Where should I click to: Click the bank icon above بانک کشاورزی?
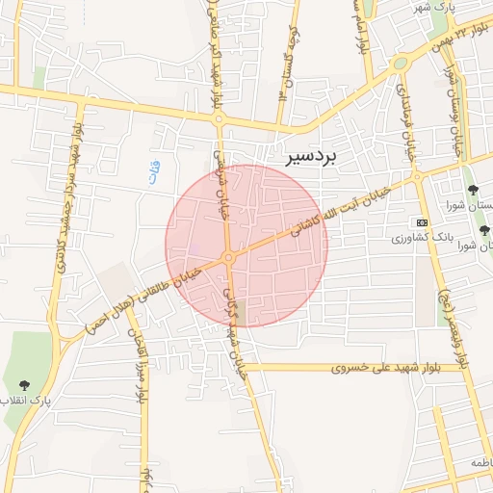[x=422, y=221]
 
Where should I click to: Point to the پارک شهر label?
[x=433, y=7]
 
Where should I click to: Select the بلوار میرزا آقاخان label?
[x=138, y=366]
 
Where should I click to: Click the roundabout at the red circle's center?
[x=229, y=257]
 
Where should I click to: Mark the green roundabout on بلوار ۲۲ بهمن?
[x=400, y=63]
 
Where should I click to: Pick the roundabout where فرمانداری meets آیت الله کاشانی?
[x=417, y=178]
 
